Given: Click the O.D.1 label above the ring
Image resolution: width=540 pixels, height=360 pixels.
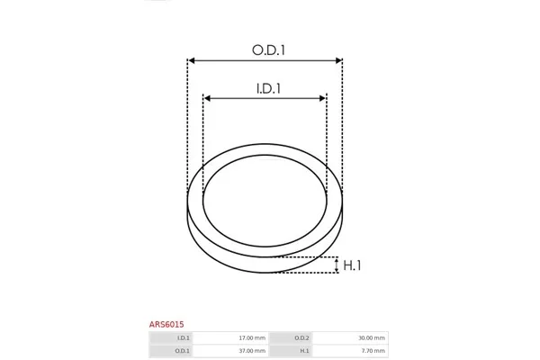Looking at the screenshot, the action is click(268, 50).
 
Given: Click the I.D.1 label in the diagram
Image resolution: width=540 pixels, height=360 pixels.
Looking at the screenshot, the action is click(268, 88).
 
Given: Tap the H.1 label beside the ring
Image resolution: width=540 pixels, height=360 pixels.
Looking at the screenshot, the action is click(352, 265).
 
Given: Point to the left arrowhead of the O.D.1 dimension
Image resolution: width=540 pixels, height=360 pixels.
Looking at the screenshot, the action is click(193, 60).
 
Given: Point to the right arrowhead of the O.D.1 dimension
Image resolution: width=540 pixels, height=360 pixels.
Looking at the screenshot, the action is click(338, 60).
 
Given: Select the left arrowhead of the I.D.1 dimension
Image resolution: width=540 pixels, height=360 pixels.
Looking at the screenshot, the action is click(207, 98).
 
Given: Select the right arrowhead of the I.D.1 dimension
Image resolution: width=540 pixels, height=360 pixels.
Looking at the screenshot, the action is click(322, 98).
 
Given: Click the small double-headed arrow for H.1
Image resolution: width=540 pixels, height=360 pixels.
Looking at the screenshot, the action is click(337, 265).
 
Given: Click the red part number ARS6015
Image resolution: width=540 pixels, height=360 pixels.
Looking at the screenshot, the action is click(166, 324).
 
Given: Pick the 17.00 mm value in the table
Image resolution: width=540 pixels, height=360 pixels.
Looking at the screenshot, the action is click(252, 338).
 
